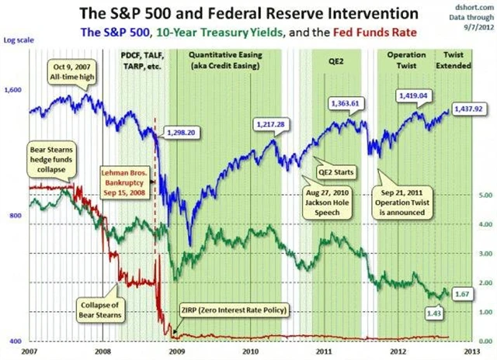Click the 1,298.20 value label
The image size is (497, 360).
[x=177, y=133]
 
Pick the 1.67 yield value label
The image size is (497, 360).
[x=464, y=295]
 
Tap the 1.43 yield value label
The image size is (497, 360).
[x=433, y=311]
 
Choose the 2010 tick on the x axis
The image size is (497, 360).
[x=250, y=351]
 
